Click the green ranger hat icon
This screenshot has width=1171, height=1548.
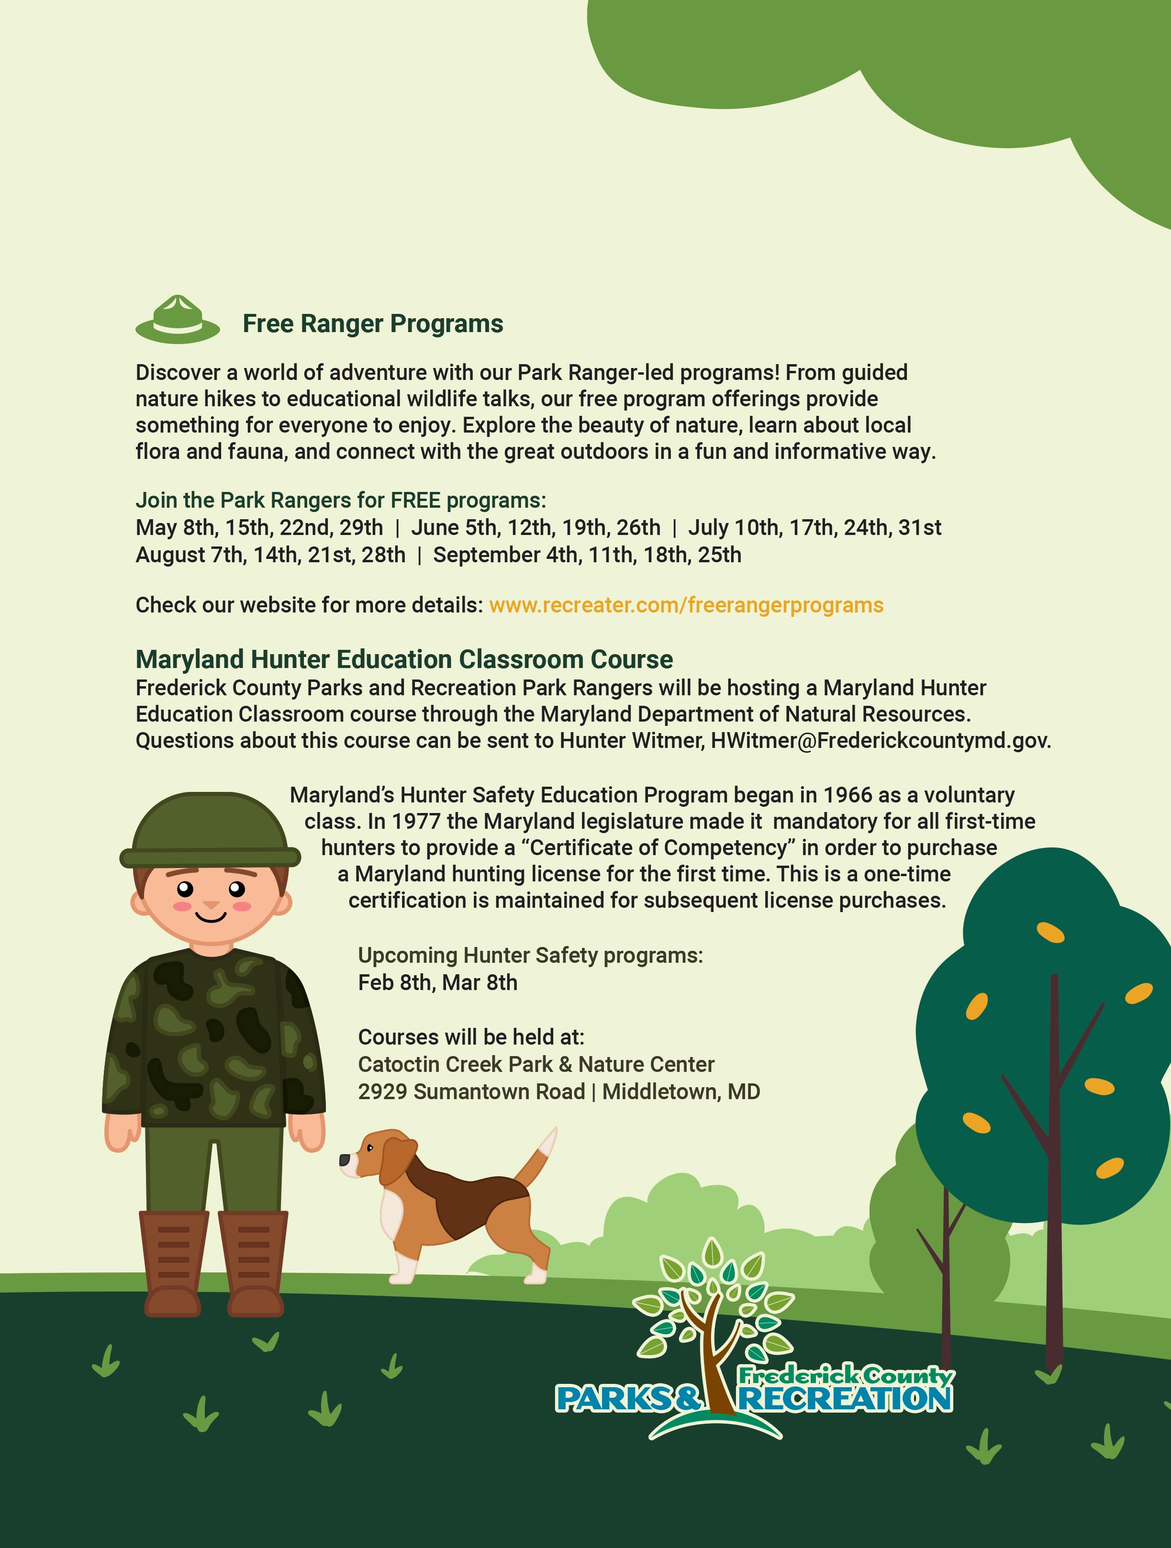click(178, 321)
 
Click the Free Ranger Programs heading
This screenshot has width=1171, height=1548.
click(372, 324)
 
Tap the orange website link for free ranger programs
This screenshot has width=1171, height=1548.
click(686, 605)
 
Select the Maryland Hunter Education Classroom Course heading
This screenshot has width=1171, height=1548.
click(404, 659)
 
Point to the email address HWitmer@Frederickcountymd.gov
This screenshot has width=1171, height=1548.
click(880, 740)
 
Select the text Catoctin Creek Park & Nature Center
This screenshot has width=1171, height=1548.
click(536, 1064)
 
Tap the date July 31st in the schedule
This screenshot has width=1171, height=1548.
click(919, 528)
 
